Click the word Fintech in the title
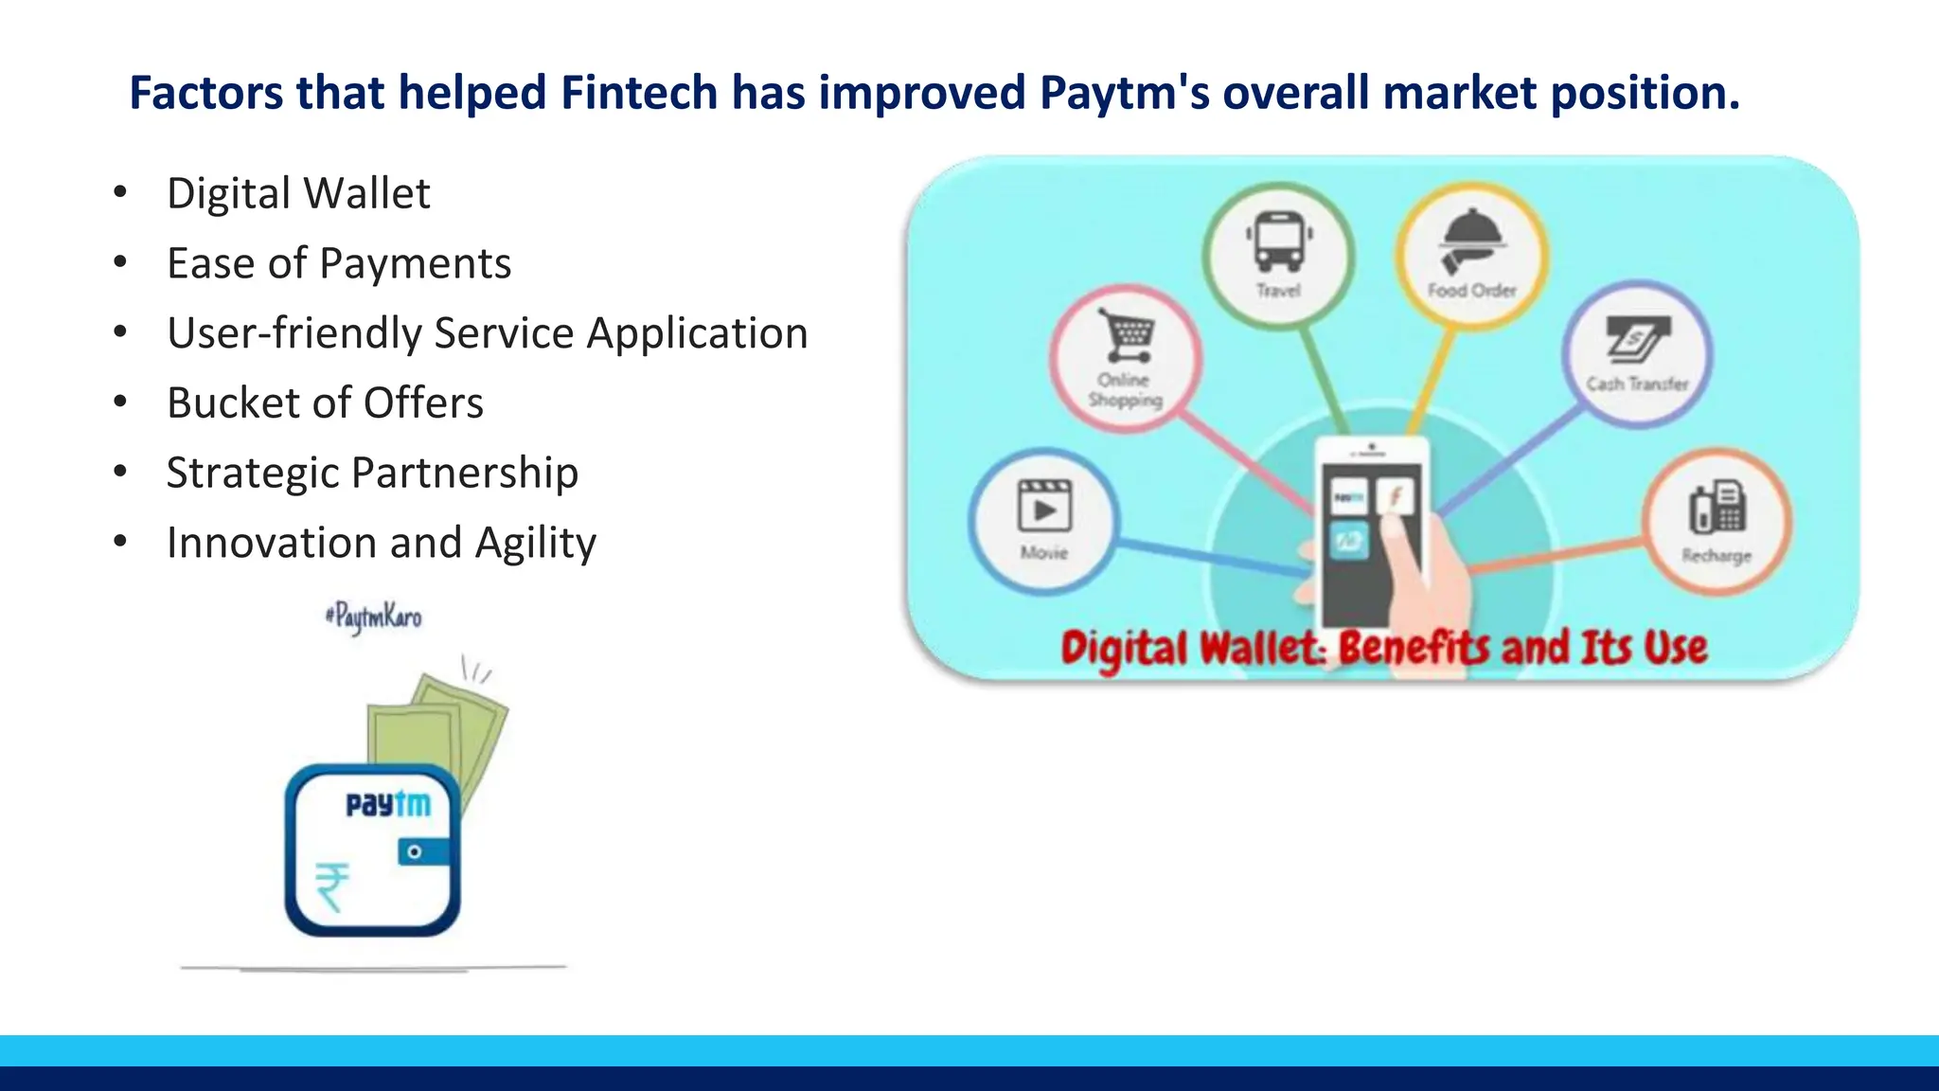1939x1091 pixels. (x=639, y=93)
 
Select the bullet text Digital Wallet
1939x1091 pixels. (x=298, y=193)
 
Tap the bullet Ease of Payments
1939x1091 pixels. (x=339, y=263)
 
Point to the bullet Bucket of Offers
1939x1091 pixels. (x=325, y=402)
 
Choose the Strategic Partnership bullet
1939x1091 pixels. (x=372, y=473)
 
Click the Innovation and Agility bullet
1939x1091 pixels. (x=381, y=543)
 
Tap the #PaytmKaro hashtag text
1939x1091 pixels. (x=373, y=617)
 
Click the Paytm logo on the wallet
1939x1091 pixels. (x=388, y=804)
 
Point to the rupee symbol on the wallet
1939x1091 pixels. (x=332, y=886)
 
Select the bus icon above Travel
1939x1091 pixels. (x=1278, y=241)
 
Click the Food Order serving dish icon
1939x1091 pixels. (x=1471, y=239)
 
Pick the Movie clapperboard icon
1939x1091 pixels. (x=1043, y=506)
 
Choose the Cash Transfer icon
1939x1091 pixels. (x=1637, y=340)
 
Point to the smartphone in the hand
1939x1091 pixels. (x=1372, y=530)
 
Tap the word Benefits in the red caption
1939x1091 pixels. (x=1415, y=649)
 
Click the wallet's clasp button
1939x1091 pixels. (x=415, y=852)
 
